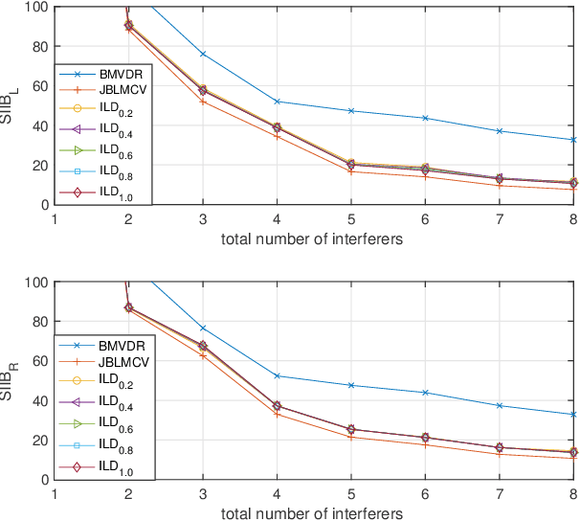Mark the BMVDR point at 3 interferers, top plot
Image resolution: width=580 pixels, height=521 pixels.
click(202, 54)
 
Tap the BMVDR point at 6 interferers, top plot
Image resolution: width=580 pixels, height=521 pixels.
click(425, 118)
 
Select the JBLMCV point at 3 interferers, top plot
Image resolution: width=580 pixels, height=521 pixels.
click(202, 101)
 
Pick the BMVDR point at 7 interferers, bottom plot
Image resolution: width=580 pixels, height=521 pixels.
click(499, 406)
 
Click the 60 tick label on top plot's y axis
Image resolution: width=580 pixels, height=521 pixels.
click(37, 86)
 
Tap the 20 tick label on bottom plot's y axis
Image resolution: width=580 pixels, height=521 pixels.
click(37, 441)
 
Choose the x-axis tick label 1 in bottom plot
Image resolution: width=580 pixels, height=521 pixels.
click(54, 494)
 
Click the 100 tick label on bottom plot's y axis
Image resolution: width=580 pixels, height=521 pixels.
click(33, 283)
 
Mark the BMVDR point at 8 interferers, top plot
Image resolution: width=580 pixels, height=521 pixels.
click(572, 140)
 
